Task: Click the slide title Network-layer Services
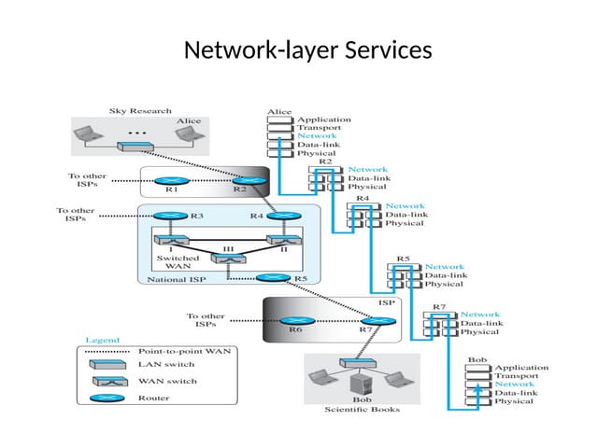(x=308, y=49)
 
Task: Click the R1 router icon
(x=171, y=180)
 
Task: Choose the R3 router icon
(x=171, y=216)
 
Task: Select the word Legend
(x=104, y=340)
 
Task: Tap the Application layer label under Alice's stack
(x=324, y=119)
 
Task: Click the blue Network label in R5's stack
(x=445, y=267)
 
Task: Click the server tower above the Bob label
(x=357, y=383)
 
